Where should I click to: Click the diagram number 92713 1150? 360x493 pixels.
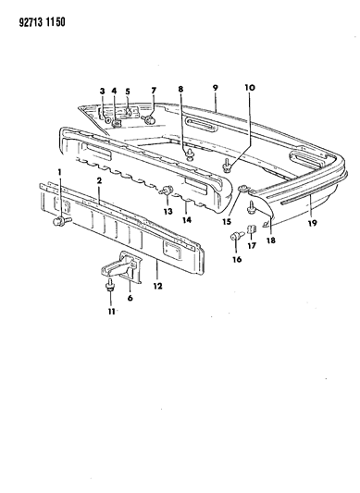pos(43,22)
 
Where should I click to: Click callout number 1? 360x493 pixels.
pos(59,172)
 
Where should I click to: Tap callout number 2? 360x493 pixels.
pos(99,180)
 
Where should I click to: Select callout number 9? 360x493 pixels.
pos(216,88)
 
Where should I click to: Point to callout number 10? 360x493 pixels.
pos(250,87)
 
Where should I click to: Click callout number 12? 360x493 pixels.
pos(158,286)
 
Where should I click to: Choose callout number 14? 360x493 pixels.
pos(187,219)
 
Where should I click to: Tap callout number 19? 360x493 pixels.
pos(313,223)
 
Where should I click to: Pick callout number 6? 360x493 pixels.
pos(130,298)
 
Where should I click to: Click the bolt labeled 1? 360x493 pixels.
pos(62,221)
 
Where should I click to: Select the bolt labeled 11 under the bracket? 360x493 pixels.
pos(110,286)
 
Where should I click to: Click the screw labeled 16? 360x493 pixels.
pos(238,236)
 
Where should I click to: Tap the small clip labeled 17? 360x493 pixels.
pos(251,228)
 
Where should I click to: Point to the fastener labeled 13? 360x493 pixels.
pos(167,191)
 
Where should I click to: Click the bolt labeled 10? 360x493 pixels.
pos(227,166)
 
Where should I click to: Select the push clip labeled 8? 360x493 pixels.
pos(190,154)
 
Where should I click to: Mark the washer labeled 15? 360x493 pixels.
pos(244,189)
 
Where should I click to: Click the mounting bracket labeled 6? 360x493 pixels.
pos(121,266)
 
